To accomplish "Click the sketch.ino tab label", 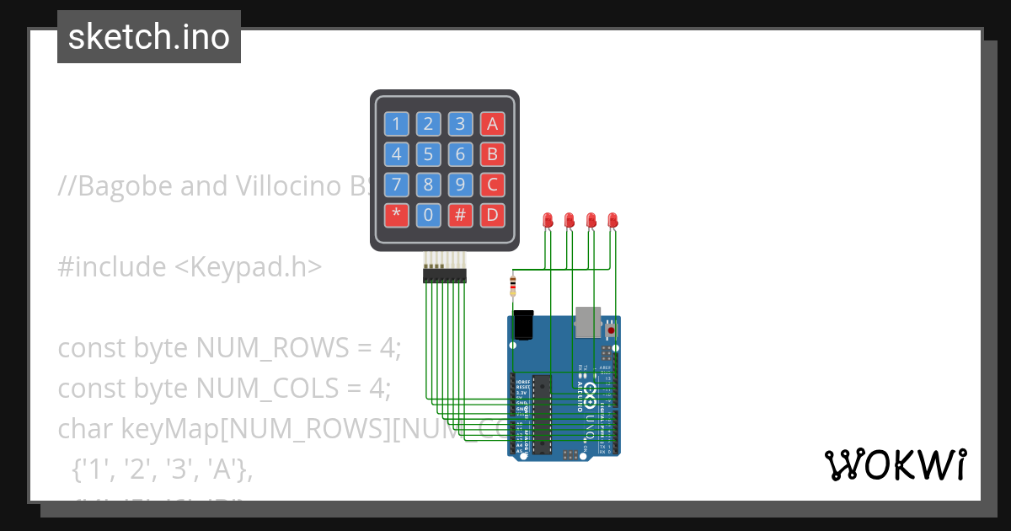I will pyautogui.click(x=149, y=37).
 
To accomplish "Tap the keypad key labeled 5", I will pyautogui.click(x=428, y=154).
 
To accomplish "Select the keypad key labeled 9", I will pyautogui.click(x=460, y=185).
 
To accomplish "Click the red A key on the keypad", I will pyautogui.click(x=492, y=125).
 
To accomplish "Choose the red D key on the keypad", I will pyautogui.click(x=492, y=215).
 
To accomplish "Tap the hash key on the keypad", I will pyautogui.click(x=460, y=215).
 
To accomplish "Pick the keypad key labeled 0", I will pyautogui.click(x=428, y=215).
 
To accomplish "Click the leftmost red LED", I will pyautogui.click(x=548, y=220).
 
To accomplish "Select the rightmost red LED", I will pyautogui.click(x=612, y=220).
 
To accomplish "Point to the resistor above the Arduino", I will pyautogui.click(x=513, y=285).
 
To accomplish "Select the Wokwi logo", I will pyautogui.click(x=895, y=464).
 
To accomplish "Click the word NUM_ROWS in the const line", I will pyautogui.click(x=267, y=347).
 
